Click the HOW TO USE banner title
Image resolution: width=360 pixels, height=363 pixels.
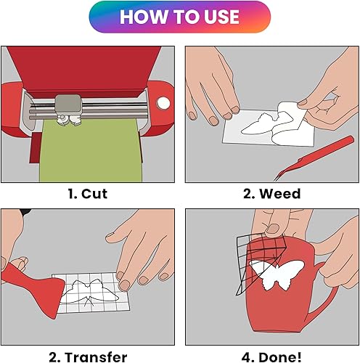(x=179, y=17)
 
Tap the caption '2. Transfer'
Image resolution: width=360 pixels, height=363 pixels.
(x=88, y=356)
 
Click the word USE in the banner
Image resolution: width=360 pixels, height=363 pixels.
(x=217, y=17)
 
